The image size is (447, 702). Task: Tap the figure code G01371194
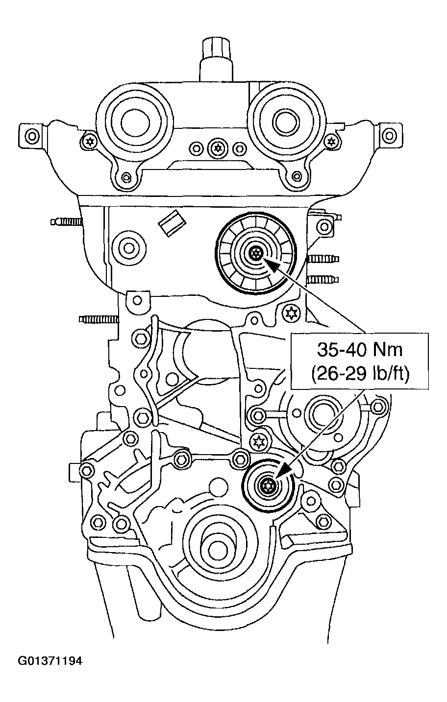pos(50,661)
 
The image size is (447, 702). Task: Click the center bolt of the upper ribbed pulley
pos(255,253)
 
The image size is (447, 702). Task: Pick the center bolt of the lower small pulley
pos(268,486)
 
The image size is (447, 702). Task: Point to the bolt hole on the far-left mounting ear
pos(32,135)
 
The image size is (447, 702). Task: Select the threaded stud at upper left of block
pos(66,222)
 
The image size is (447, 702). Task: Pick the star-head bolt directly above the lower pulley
pos(258,442)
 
